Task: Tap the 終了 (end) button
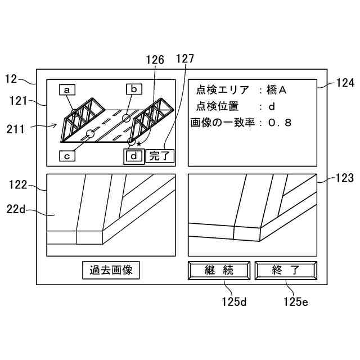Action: click(285, 270)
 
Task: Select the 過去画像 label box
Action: click(111, 270)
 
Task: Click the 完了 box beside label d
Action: click(160, 156)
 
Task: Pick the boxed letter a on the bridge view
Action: click(67, 89)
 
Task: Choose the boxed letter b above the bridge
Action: click(134, 89)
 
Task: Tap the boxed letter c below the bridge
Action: click(67, 156)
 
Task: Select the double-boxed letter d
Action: click(133, 156)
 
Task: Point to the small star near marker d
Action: click(139, 145)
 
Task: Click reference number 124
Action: click(345, 83)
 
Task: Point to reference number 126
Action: click(155, 59)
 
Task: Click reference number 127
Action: click(185, 59)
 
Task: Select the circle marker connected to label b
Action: click(126, 118)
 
